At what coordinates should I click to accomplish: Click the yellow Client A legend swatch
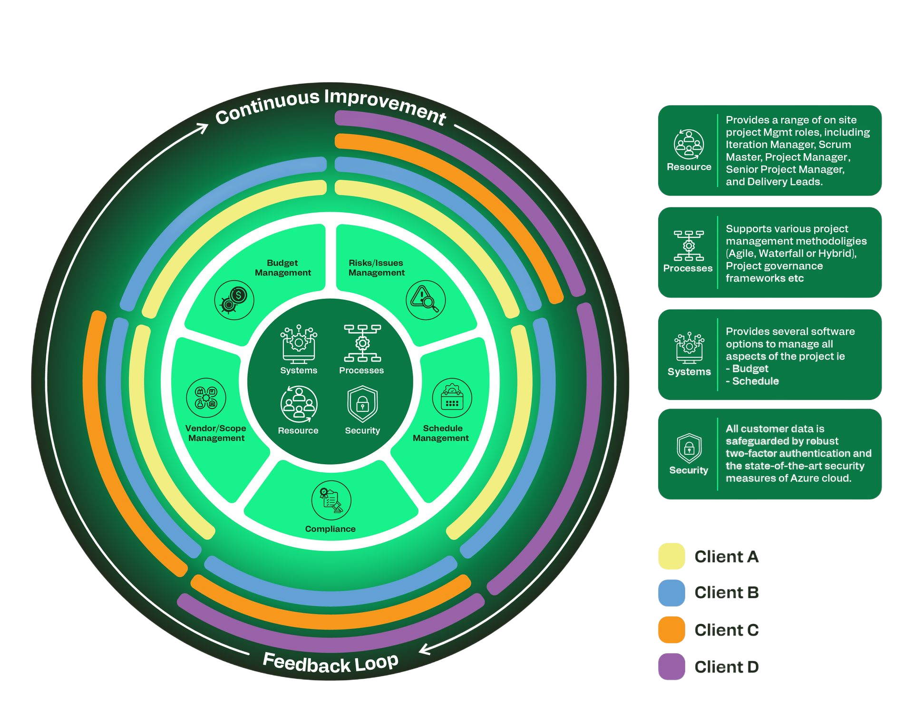tap(671, 556)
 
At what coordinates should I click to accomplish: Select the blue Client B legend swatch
tap(671, 593)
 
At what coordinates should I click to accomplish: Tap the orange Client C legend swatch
tap(671, 630)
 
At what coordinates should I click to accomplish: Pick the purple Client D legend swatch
tap(671, 666)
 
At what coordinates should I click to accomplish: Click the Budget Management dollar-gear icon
tap(234, 300)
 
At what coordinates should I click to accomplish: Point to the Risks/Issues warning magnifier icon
tap(426, 300)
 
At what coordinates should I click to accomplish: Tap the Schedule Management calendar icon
tap(452, 398)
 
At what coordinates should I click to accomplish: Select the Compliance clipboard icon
tap(331, 500)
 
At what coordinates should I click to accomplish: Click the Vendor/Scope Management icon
tap(206, 398)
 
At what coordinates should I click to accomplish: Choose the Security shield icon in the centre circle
tap(362, 404)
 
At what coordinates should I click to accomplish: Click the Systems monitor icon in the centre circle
tap(299, 344)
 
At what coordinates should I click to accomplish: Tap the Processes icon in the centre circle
tap(362, 343)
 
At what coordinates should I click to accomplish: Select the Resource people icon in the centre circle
tap(299, 404)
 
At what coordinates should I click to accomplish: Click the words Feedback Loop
tap(330, 663)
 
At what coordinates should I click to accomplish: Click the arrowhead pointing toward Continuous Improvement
tap(203, 127)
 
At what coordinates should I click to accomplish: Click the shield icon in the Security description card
tap(689, 448)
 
